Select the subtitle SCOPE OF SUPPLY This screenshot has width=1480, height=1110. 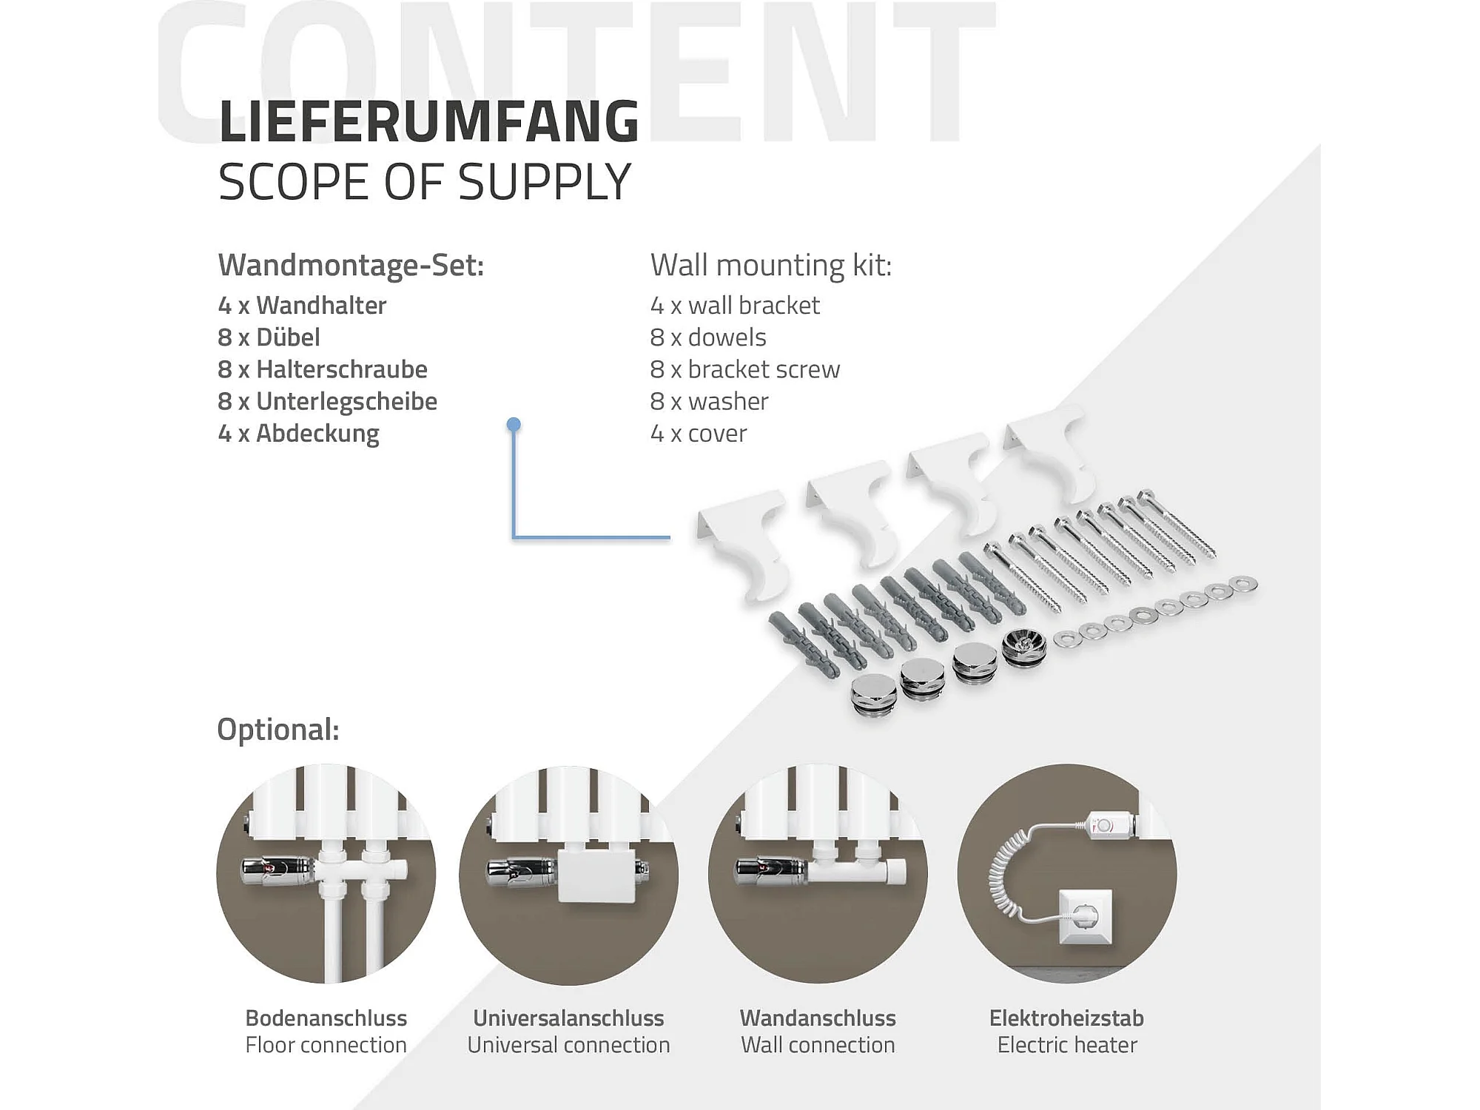(424, 182)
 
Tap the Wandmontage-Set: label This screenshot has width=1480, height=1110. (351, 265)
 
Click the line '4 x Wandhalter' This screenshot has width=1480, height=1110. (302, 305)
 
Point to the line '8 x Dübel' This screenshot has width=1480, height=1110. (269, 337)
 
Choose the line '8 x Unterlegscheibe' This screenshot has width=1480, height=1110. (327, 401)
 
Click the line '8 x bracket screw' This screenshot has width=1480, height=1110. (744, 369)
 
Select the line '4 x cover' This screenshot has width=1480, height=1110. (698, 434)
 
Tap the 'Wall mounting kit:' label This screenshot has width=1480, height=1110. (770, 265)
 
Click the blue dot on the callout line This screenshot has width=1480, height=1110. (514, 425)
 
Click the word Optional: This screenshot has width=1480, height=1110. (277, 730)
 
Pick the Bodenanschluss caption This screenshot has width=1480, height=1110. (326, 1018)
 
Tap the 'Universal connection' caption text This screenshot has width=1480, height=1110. (568, 1045)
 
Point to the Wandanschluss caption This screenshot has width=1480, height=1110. (818, 1018)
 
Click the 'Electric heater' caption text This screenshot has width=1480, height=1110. (1066, 1045)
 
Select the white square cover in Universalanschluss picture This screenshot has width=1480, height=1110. (595, 875)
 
